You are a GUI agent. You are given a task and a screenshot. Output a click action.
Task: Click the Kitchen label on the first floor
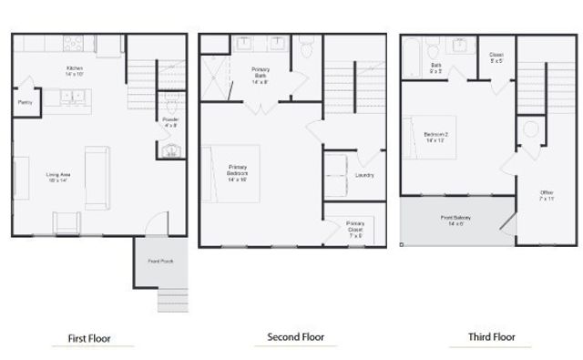point(75,72)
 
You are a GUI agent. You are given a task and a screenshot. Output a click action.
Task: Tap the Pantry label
point(25,103)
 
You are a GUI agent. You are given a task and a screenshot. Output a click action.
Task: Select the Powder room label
point(170,122)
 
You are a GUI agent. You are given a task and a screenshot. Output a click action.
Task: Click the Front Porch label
point(161,262)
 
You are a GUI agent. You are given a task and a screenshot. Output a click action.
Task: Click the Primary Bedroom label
point(238,173)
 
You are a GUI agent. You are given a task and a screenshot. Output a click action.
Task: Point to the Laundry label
point(364,175)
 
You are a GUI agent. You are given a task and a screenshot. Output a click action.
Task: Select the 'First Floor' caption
point(90,339)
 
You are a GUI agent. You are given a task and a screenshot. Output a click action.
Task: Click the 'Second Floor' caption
point(296,337)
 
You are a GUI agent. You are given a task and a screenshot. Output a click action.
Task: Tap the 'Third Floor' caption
point(492,337)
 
